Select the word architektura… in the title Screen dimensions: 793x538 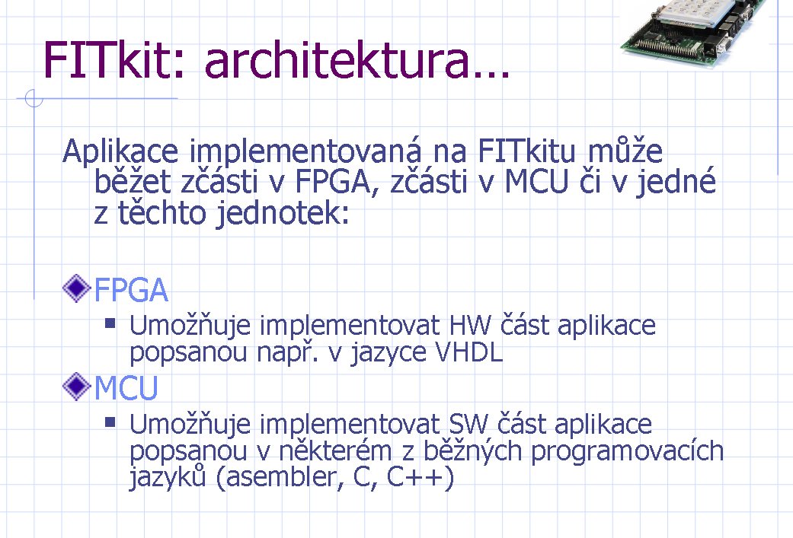click(357, 59)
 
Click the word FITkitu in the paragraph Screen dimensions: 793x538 click(526, 151)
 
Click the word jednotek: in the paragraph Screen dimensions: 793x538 click(283, 213)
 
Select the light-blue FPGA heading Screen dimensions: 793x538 click(131, 290)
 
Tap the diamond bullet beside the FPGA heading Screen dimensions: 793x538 click(76, 288)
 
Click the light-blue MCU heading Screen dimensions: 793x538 click(126, 388)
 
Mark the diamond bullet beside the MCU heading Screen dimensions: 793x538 click(76, 387)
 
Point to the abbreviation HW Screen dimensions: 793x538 click(470, 326)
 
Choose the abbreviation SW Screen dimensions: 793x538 click(468, 424)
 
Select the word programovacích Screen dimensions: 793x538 click(627, 451)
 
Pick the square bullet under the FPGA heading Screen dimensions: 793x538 click(110, 323)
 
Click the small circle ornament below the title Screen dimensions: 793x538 click(34, 98)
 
